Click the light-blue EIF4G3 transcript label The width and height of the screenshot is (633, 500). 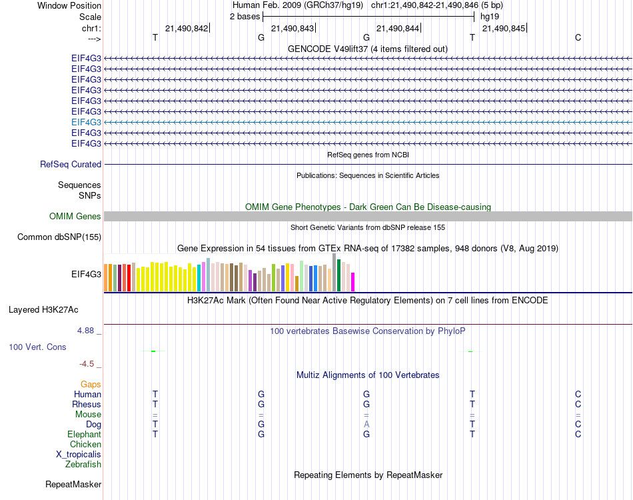click(86, 122)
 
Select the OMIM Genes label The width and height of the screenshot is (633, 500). click(75, 216)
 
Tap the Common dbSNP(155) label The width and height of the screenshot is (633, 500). click(59, 237)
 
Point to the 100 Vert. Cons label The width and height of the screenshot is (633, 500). click(37, 347)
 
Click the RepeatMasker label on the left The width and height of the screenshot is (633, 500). click(73, 484)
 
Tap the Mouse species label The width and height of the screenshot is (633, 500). click(88, 414)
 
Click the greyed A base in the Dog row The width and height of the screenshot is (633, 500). click(366, 424)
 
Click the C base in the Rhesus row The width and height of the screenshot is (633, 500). click(578, 404)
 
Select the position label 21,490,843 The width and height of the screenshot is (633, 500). click(292, 28)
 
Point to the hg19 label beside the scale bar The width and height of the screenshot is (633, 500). click(489, 16)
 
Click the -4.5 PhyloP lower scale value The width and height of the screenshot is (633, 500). click(87, 363)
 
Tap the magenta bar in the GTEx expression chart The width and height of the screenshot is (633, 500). click(352, 282)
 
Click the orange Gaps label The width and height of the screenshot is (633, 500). click(91, 384)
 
